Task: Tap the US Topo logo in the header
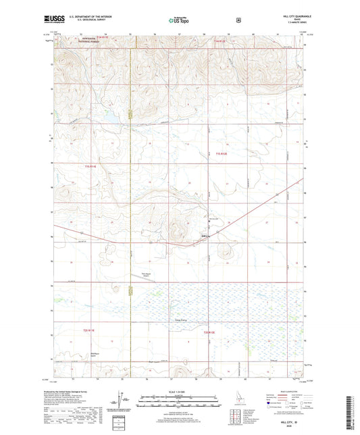pyautogui.click(x=178, y=20)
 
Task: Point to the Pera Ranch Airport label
pyautogui.click(x=146, y=274)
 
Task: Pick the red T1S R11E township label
pyautogui.click(x=91, y=165)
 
